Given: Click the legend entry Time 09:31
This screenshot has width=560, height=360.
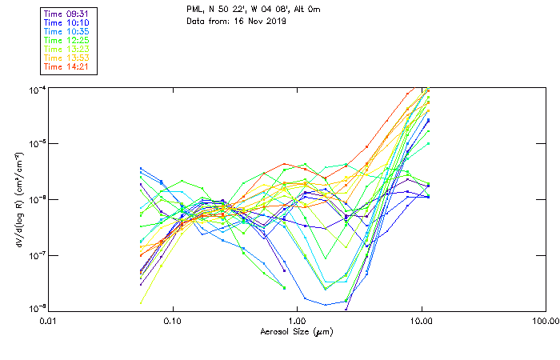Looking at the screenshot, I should click(x=65, y=13).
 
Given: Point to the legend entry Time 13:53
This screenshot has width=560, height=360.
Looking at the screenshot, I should click(x=65, y=58).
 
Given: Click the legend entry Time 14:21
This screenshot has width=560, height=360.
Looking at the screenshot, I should click(x=65, y=66).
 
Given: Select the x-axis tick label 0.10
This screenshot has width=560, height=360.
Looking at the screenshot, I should click(x=172, y=320).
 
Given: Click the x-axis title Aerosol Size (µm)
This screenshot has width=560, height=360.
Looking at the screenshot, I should click(x=296, y=331).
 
